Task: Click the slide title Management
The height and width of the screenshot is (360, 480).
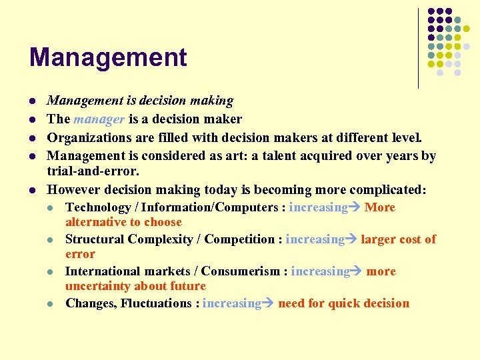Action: pos(108,57)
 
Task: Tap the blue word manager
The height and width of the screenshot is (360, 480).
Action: pos(99,119)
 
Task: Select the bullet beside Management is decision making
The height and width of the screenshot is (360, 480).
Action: pos(32,101)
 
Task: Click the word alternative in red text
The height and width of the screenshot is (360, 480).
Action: pos(97,222)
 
